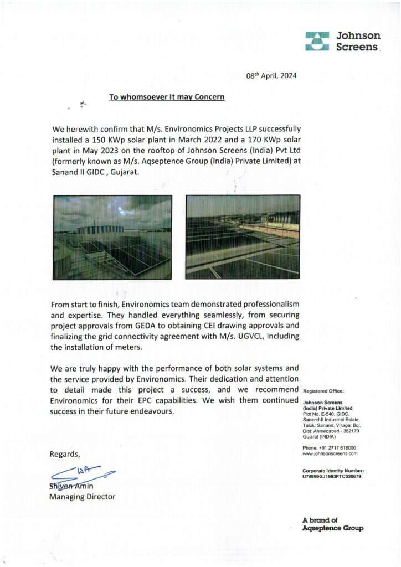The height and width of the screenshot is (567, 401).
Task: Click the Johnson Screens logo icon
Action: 317,42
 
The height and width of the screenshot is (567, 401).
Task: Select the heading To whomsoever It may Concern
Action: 167,97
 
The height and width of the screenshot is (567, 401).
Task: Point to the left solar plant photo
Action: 112,236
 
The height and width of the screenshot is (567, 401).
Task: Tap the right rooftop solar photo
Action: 243,236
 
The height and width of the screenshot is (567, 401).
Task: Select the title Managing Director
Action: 83,497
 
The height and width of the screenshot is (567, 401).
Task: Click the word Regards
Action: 65,454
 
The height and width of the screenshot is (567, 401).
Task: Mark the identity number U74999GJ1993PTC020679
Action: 332,476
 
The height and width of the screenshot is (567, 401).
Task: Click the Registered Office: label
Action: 324,391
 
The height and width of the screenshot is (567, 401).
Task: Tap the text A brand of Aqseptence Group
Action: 333,524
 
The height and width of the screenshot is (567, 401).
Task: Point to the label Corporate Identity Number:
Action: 333,471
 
